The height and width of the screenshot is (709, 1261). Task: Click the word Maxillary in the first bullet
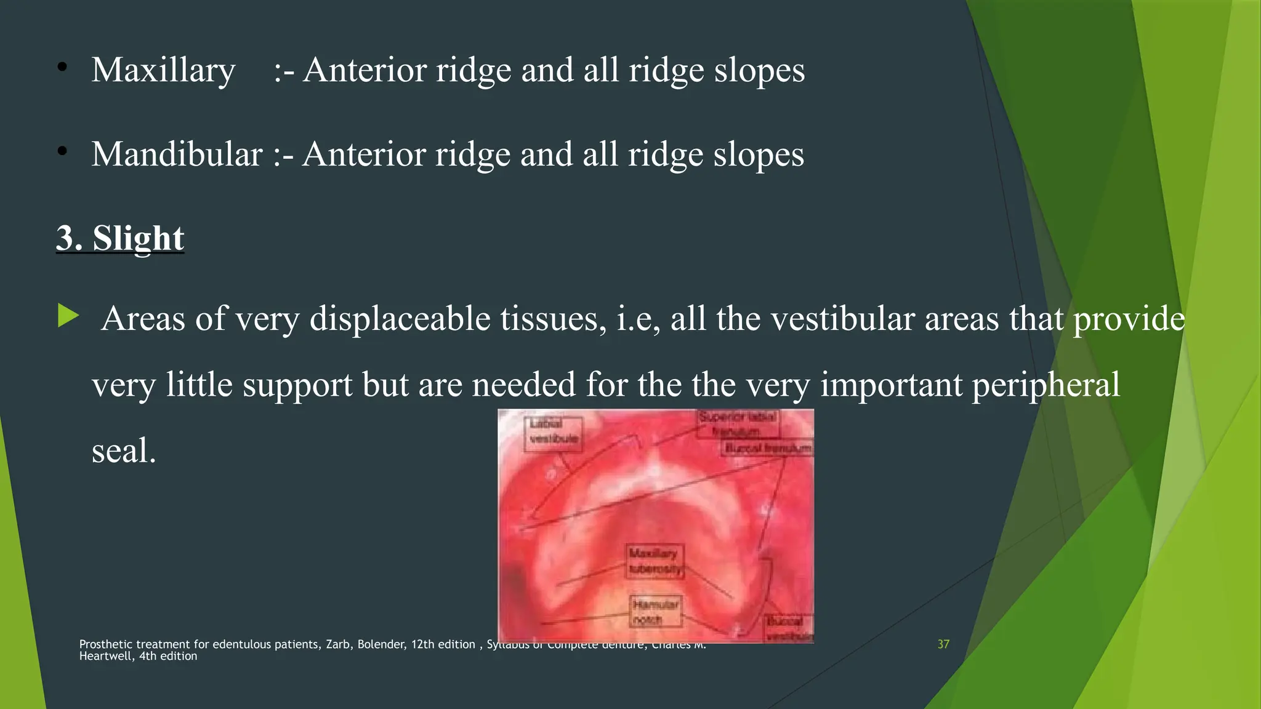[163, 70]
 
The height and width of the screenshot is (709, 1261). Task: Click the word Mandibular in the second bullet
[177, 154]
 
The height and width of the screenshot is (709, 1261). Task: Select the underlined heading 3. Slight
[120, 238]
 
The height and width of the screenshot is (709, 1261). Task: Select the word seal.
[123, 451]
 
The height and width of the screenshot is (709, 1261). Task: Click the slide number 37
[943, 644]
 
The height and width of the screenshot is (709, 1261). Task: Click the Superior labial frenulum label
[738, 423]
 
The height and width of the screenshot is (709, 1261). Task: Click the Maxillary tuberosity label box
[655, 561]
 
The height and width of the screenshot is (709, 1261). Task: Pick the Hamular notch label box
[656, 612]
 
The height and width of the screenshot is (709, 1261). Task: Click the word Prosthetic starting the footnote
[105, 644]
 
